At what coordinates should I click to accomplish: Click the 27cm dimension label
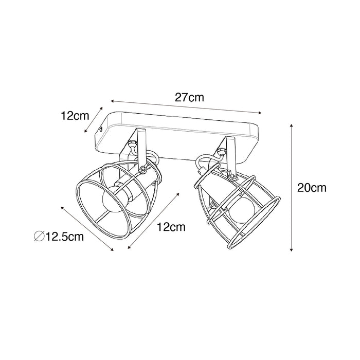point(189,97)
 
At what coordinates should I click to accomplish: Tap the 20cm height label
point(312,188)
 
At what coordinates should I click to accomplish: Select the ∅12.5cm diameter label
point(59,237)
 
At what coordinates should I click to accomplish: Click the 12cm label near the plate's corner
point(75,116)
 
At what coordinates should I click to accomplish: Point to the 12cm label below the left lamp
point(171,227)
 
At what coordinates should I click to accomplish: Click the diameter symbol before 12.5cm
point(39,237)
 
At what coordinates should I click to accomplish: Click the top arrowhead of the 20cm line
point(291,125)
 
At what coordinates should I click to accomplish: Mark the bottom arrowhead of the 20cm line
point(291,249)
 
